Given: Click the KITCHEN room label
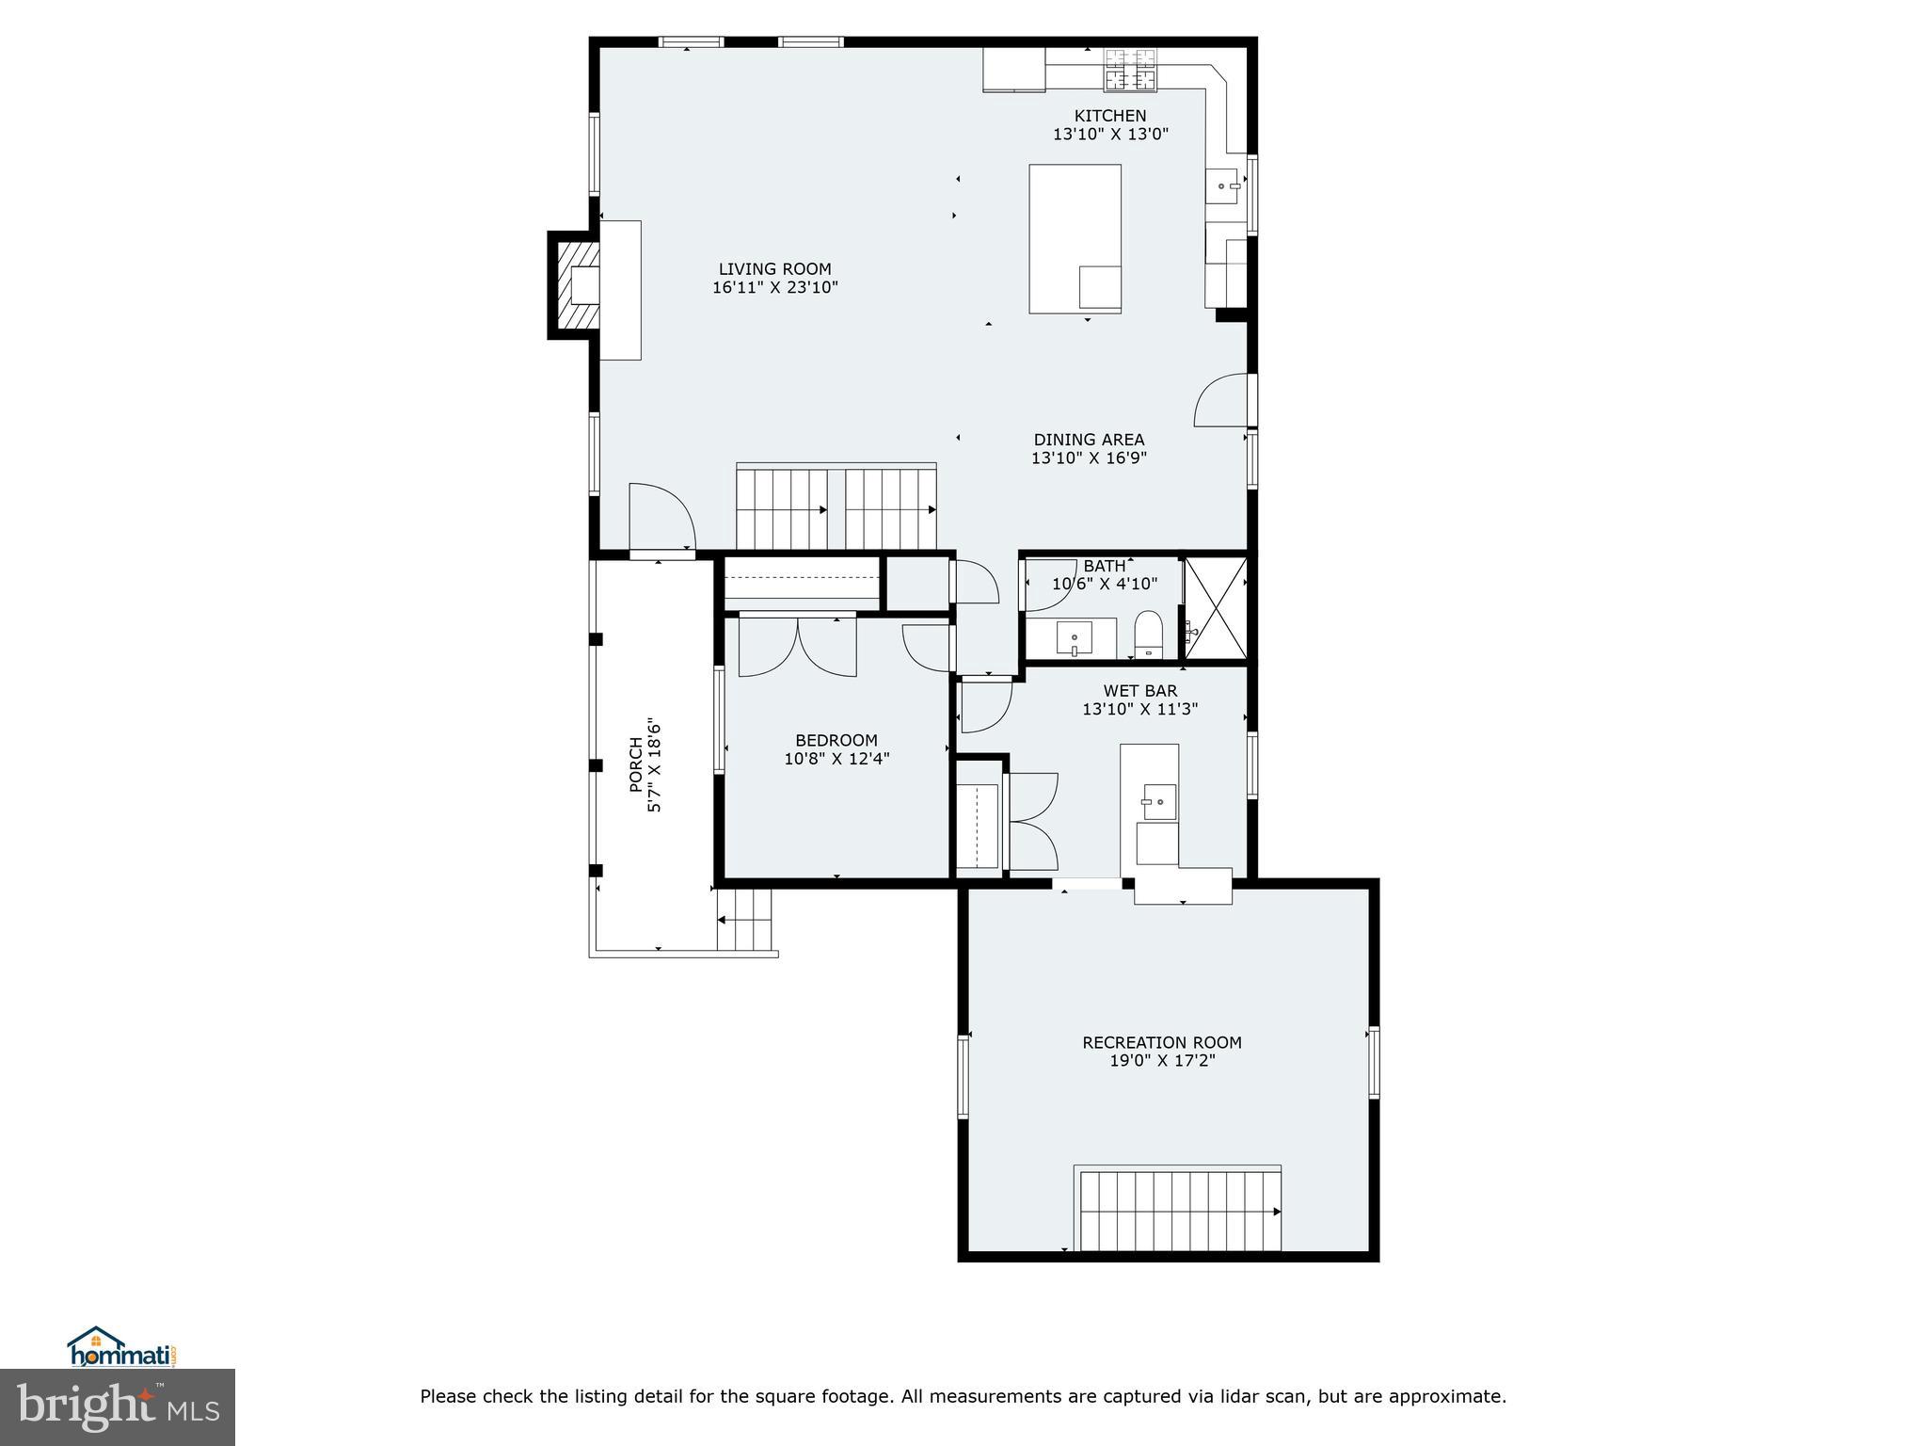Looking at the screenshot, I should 1110,116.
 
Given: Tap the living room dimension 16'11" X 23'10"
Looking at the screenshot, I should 774,288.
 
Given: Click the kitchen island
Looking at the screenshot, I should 1075,237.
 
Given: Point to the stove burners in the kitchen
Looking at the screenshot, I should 1130,71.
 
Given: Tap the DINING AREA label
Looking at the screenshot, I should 1089,440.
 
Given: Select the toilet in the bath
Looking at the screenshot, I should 1149,634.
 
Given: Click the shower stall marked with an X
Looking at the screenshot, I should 1216,607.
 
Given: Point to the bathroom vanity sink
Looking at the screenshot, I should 1074,638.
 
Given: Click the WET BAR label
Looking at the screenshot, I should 1139,691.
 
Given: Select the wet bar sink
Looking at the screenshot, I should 1159,802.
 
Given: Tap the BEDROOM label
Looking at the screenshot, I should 836,741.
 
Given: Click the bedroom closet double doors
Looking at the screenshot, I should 798,648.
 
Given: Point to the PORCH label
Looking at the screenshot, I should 637,763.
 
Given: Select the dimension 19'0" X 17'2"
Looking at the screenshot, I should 1161,1061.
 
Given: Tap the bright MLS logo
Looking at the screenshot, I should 117,1408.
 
